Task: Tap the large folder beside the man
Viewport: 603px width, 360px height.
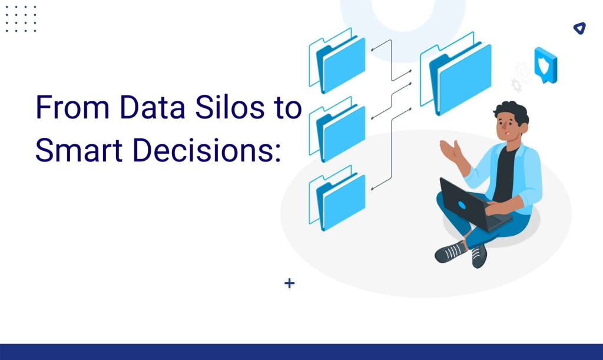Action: pos(459,77)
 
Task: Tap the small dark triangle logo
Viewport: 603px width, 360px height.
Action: pos(579,28)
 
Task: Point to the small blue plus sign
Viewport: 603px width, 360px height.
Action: pos(289,283)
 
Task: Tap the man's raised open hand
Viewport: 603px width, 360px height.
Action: pos(449,151)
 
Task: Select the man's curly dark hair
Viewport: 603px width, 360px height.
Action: pos(511,111)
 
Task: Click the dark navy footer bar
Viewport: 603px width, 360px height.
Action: pos(301,352)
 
